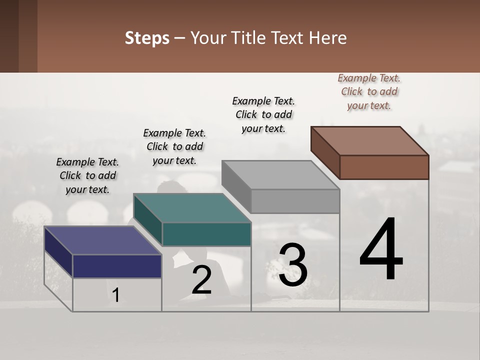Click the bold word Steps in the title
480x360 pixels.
coord(147,38)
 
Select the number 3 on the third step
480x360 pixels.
coord(293,265)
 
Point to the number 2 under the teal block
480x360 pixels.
coord(201,280)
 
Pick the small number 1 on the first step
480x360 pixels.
coord(116,295)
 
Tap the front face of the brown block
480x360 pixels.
coord(384,167)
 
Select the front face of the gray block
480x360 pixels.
coord(295,201)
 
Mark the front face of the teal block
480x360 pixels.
coord(206,234)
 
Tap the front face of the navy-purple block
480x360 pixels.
coord(117,266)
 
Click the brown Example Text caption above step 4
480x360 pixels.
coord(369,91)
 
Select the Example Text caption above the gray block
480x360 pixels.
coord(263,114)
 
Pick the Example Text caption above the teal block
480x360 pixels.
coord(174,146)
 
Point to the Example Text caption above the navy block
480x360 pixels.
coord(87,175)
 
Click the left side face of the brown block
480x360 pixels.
coord(325,152)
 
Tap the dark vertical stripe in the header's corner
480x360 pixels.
coord(27,36)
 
